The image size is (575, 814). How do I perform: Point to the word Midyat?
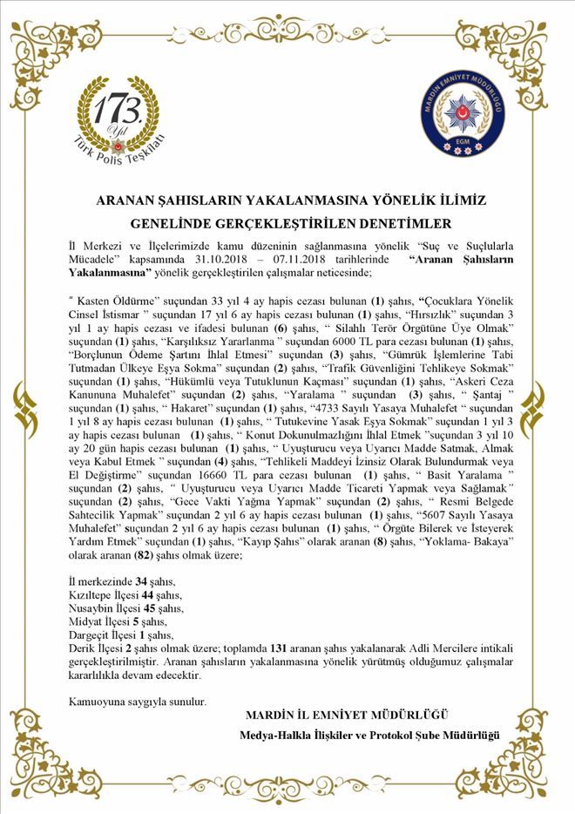click(85, 621)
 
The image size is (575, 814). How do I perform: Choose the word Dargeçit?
click(89, 635)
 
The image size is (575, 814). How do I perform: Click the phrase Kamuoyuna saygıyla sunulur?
click(138, 700)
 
